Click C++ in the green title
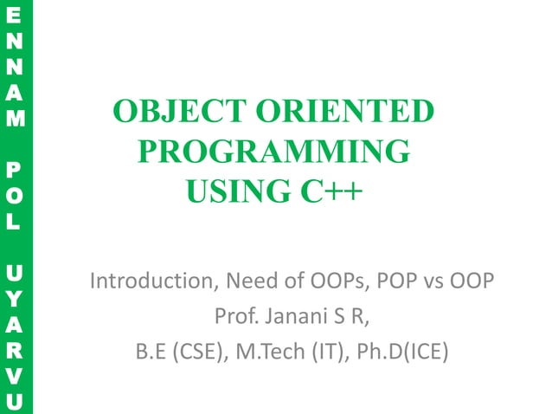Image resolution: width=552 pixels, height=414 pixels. [x=325, y=191]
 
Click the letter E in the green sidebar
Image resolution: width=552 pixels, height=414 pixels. [x=10, y=18]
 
